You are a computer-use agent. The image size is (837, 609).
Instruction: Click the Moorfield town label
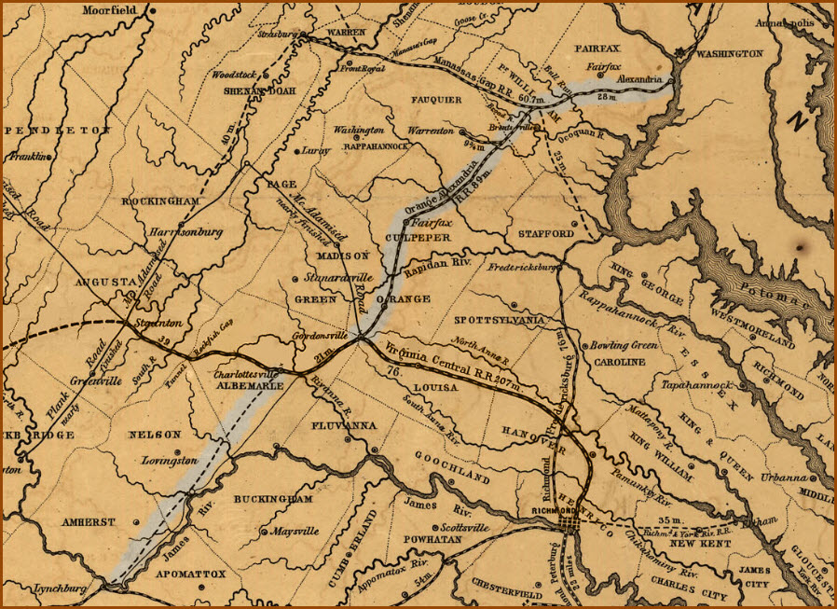pyautogui.click(x=109, y=10)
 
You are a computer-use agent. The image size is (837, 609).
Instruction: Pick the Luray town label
pyautogui.click(x=314, y=150)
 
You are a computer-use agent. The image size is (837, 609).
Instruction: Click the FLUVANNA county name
pyautogui.click(x=343, y=425)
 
